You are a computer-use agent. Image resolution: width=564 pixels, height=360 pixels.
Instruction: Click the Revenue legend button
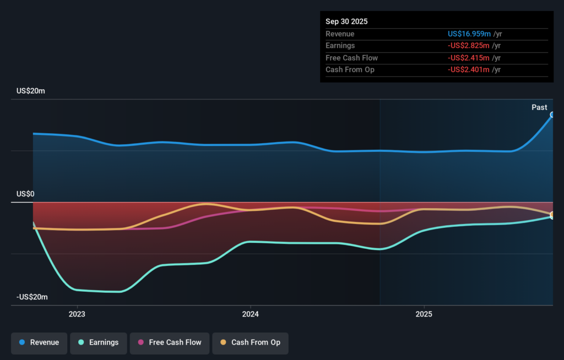39,342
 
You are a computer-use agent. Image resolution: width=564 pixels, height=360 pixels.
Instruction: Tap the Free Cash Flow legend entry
169,342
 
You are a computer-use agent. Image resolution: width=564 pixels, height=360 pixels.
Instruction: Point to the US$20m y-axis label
30,91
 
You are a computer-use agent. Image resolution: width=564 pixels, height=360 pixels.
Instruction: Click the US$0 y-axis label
25,194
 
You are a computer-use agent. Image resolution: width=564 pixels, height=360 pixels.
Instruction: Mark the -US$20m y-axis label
32,297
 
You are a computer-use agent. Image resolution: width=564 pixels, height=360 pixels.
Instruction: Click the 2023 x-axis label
77,314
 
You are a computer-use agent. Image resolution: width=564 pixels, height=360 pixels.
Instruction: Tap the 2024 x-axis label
251,314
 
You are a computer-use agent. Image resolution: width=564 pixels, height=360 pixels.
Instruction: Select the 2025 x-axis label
424,314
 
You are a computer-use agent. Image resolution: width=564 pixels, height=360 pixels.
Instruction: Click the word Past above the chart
539,107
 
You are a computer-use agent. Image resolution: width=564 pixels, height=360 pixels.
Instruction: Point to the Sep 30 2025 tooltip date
346,21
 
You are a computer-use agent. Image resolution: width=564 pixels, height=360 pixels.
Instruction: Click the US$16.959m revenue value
469,34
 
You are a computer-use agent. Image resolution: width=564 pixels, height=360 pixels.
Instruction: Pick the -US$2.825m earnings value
469,46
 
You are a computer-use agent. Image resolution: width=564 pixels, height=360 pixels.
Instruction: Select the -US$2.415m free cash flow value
469,58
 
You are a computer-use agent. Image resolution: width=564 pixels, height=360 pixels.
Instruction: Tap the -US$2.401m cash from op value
469,70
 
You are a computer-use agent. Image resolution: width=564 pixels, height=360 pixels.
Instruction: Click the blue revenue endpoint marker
552,115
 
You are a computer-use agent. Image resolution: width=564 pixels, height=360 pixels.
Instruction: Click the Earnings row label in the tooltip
340,46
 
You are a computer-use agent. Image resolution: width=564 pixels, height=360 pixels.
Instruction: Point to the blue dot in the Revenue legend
22,342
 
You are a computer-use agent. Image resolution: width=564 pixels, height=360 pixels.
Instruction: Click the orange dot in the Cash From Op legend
223,342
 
